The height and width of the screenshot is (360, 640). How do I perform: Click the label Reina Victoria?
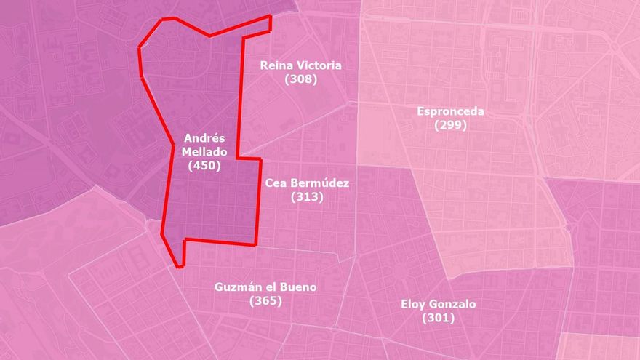click(x=300, y=65)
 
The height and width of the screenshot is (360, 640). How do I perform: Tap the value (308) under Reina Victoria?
click(x=300, y=79)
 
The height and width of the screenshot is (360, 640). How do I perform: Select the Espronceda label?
click(x=450, y=111)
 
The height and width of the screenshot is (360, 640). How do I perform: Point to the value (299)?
click(x=450, y=124)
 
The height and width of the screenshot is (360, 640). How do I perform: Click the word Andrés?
click(x=204, y=138)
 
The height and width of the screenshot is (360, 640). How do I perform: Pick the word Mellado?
click(x=204, y=152)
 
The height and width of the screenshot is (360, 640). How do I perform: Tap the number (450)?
click(x=204, y=166)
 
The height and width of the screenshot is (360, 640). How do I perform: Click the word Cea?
click(x=277, y=183)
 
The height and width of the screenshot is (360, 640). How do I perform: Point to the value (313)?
click(x=307, y=197)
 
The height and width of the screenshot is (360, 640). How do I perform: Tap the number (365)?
click(x=265, y=300)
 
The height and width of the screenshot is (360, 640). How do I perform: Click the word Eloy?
click(x=414, y=304)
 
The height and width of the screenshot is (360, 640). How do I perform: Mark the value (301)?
click(x=438, y=318)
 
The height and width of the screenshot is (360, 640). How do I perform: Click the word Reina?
click(x=276, y=65)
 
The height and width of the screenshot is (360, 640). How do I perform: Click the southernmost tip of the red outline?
click(x=177, y=266)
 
